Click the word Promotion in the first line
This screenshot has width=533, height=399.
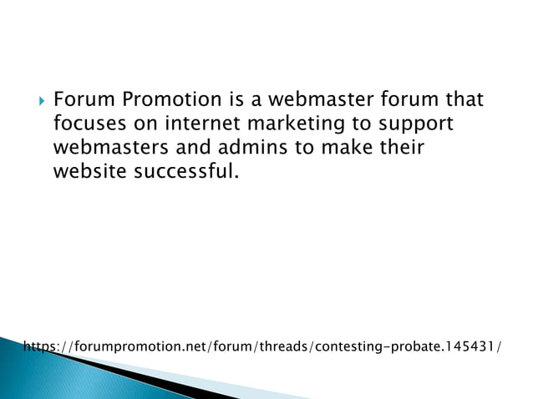172,101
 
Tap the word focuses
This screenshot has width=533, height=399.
88,124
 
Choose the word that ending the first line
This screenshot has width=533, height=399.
464,101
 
